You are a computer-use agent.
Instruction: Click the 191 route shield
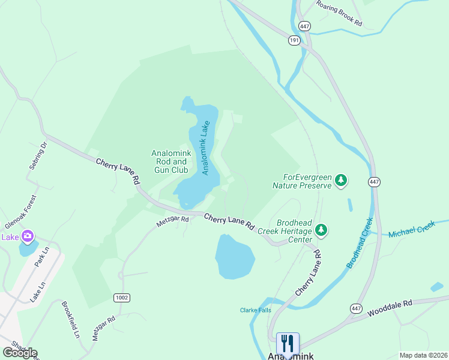point(294,40)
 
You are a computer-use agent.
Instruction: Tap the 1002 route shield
point(121,298)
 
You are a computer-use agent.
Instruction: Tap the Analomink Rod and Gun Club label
point(171,161)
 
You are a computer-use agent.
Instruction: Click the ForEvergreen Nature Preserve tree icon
point(342,180)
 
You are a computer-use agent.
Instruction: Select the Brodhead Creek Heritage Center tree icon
point(322,230)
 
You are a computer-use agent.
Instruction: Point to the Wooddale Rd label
point(390,308)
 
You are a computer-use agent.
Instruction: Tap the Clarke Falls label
point(256,310)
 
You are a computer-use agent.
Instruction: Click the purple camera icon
point(27,236)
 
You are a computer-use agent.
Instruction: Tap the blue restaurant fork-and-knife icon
point(288,344)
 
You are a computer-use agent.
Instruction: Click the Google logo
point(20,353)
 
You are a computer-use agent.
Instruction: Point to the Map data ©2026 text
point(423,355)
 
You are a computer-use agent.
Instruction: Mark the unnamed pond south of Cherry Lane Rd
point(235,257)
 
